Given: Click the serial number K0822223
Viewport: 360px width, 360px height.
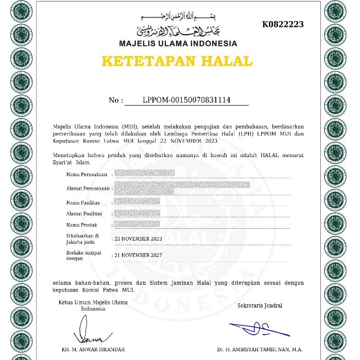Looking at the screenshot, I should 283,24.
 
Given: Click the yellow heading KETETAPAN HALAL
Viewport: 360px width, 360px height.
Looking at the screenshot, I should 177,61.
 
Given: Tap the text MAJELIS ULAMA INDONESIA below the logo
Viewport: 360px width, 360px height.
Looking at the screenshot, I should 178,44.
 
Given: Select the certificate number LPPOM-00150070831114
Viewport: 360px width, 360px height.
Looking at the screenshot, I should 186,100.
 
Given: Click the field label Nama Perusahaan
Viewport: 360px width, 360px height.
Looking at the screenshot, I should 86,175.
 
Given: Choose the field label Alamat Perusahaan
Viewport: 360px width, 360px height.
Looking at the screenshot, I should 88,188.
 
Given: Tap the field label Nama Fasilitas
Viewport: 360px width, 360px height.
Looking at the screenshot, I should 83,202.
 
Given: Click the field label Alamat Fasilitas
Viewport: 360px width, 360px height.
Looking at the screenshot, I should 84,214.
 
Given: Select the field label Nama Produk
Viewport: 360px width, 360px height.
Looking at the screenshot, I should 81,225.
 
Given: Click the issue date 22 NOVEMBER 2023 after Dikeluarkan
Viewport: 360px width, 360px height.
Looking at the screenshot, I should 138,239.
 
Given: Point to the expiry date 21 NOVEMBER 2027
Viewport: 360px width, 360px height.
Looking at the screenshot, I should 138,255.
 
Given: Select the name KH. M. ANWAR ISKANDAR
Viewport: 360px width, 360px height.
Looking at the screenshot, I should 93,350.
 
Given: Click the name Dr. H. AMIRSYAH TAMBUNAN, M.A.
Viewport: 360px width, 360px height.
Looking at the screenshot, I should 260,350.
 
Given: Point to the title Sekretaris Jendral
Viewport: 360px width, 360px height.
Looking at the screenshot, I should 260,305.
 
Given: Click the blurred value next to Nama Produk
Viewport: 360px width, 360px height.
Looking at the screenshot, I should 136,225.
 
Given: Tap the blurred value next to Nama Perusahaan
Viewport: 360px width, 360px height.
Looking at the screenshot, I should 144,173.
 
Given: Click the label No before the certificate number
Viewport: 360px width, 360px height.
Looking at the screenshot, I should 115,100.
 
